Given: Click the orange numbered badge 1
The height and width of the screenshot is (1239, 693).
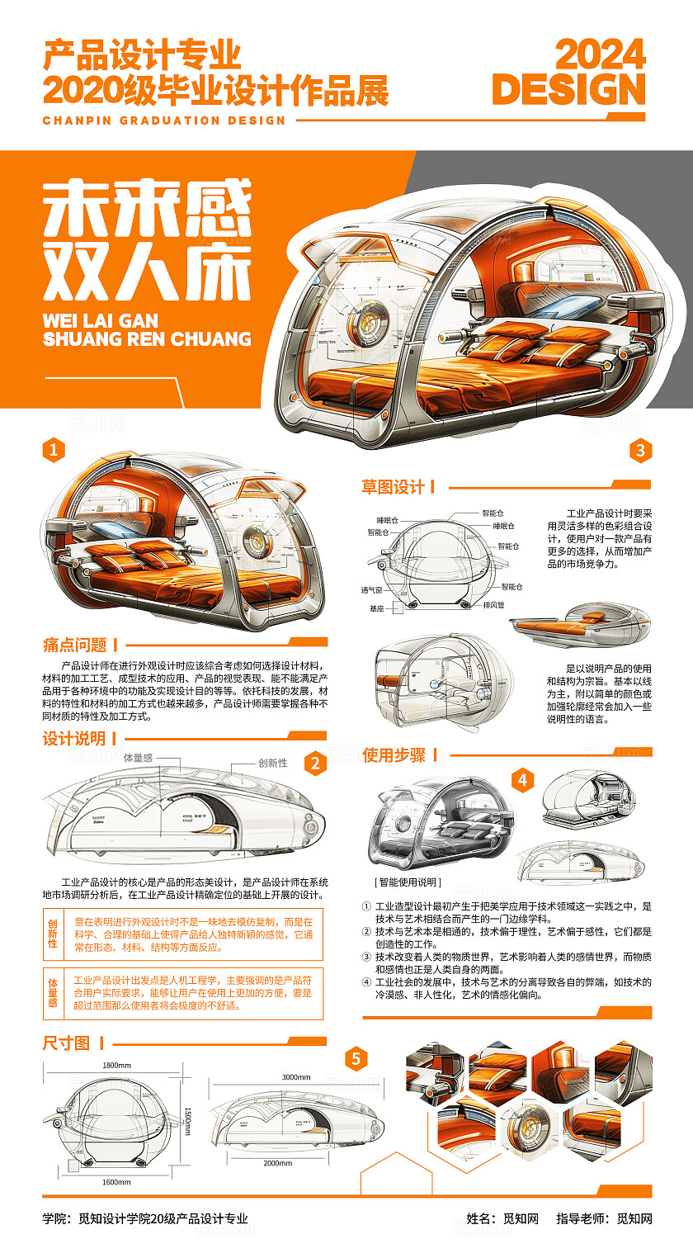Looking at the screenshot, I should [53, 450].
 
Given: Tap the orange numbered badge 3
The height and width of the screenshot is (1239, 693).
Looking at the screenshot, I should [640, 450].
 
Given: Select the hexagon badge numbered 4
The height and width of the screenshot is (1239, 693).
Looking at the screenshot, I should [522, 779].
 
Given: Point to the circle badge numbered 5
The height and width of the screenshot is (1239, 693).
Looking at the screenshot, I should [356, 1058].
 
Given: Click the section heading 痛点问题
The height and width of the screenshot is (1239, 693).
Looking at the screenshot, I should [75, 645].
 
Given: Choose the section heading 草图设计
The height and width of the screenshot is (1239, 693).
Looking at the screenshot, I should [394, 487].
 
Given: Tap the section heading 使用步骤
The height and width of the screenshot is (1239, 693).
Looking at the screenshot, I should [394, 754].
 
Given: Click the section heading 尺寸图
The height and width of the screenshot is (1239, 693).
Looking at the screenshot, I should [66, 1043].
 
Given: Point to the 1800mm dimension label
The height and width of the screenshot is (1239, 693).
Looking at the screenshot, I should [116, 1065].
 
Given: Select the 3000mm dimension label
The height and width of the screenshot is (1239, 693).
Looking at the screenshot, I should [296, 1076].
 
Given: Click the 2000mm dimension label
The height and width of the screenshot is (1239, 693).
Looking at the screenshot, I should [277, 1163].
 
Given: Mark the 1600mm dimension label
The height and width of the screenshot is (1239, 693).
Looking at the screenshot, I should [116, 1182].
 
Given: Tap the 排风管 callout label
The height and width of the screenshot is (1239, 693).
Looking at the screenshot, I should [494, 604].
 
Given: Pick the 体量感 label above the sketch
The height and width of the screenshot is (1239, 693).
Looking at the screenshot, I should [138, 757].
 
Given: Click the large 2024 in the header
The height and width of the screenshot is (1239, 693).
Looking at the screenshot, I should [600, 55].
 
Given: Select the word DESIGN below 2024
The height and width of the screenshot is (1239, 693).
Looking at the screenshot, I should [568, 89].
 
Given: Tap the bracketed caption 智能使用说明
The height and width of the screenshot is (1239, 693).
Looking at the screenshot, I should [408, 882].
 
